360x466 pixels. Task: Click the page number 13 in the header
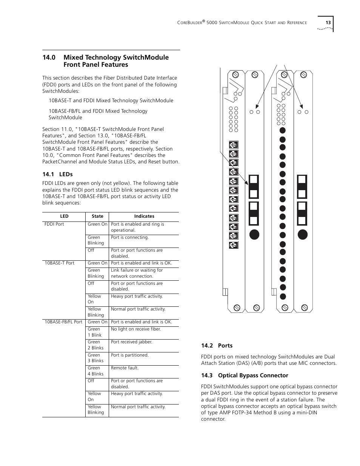click(x=328, y=23)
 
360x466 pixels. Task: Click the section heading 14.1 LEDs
click(x=57, y=174)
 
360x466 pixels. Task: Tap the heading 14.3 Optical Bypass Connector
click(x=245, y=375)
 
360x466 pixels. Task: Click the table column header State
click(x=97, y=216)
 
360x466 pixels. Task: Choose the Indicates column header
click(x=144, y=216)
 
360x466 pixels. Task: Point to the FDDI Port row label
click(x=54, y=224)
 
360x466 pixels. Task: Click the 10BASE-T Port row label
click(x=60, y=263)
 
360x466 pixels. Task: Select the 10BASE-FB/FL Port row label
click(x=63, y=322)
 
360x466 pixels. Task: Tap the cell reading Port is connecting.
click(x=130, y=237)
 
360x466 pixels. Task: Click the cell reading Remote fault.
click(x=125, y=368)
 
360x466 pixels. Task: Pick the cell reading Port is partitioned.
click(x=130, y=355)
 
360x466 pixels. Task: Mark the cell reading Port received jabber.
click(x=132, y=342)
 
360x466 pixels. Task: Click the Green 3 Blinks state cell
click(x=95, y=358)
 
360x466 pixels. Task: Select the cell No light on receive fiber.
click(x=136, y=329)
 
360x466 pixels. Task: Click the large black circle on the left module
click(x=254, y=234)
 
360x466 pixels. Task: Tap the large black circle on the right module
click(x=303, y=234)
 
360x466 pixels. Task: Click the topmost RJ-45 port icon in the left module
click(x=234, y=145)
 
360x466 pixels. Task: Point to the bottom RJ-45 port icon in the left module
click(x=234, y=245)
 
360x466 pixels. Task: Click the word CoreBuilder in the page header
click(x=189, y=23)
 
